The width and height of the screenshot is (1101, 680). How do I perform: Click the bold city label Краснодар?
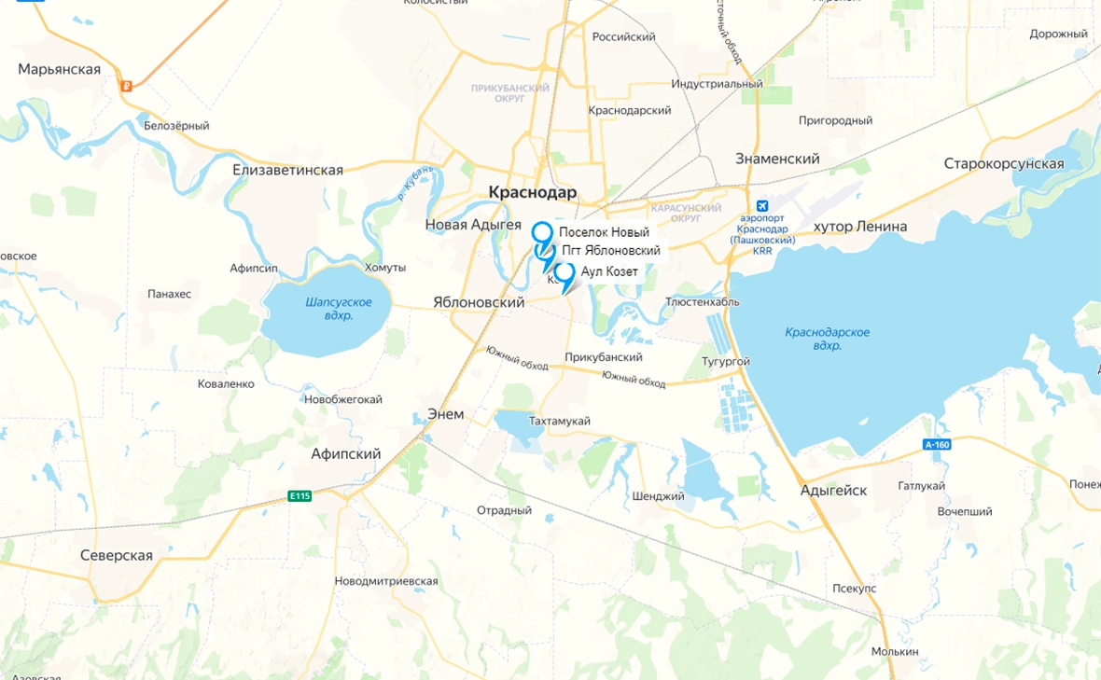coord(533,192)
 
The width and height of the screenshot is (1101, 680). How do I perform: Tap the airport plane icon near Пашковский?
coord(762,206)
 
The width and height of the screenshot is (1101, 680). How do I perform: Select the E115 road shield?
coord(300,495)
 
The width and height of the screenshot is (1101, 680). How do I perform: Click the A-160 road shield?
coord(937,445)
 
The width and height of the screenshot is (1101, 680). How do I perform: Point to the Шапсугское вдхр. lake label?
coord(339,309)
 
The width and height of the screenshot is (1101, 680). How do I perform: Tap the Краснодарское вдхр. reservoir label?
coord(827,339)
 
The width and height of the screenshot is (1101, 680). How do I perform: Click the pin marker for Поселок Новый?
coord(541,232)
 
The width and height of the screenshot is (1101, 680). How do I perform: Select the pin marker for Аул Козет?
coord(564,273)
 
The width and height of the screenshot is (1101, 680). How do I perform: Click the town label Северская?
coord(117,556)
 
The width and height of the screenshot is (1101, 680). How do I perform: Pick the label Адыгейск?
coord(833,491)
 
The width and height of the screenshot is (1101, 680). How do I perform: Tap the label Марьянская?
coord(59,70)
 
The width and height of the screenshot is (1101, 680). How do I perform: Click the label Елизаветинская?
coord(287,170)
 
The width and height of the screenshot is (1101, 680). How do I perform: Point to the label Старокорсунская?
coord(1003,164)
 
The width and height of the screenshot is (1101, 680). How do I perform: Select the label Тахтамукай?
coord(560,421)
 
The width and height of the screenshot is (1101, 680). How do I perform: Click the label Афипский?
coord(346,454)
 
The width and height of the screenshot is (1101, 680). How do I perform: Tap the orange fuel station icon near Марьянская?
coord(126,86)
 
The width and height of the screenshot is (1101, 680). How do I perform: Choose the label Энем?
coord(445,414)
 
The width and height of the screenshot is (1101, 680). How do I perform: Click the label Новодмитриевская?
coord(386,581)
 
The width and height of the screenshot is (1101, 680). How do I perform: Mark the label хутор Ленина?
coord(860,227)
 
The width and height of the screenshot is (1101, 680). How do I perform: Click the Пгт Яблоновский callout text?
coord(611,251)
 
